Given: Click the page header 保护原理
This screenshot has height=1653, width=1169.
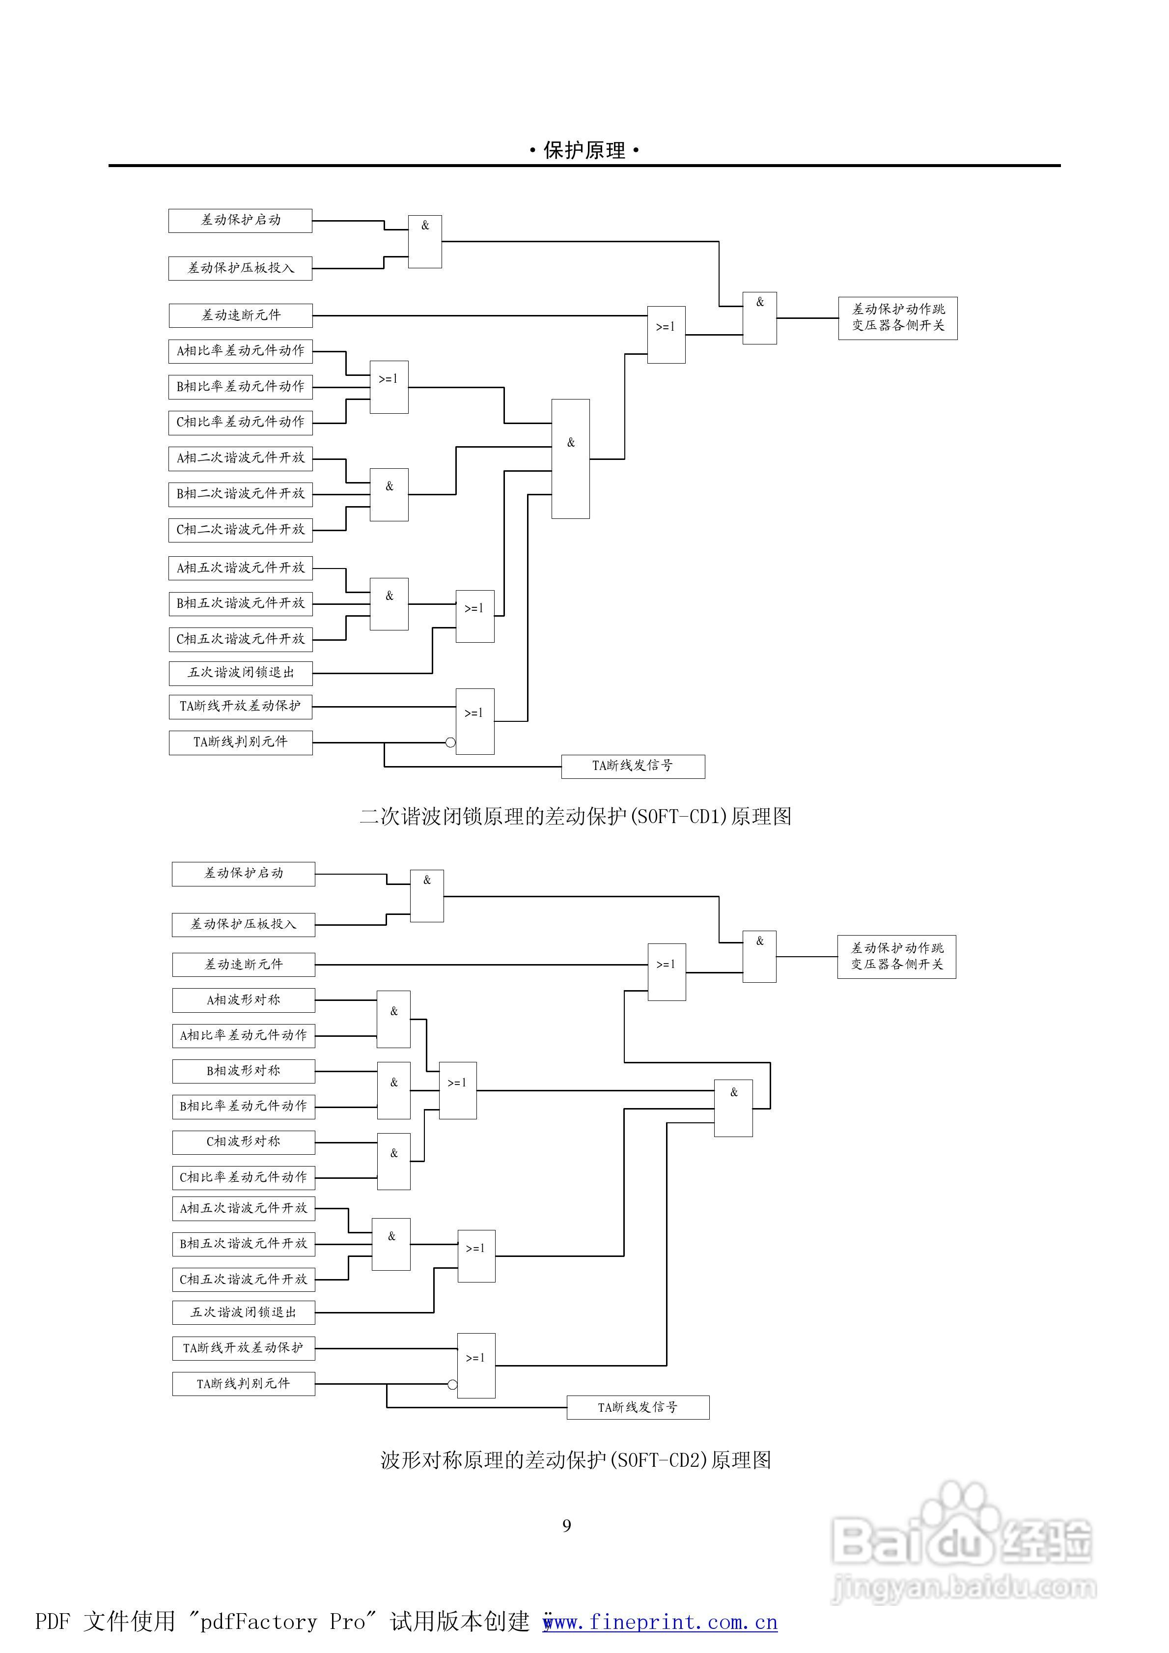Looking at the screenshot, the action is point(584,150).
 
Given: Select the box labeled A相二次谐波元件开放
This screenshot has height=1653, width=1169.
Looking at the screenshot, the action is point(240,458).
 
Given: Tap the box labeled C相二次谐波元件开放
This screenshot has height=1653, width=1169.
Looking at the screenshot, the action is point(240,530).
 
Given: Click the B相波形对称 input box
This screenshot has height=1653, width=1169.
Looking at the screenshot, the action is point(243,1071).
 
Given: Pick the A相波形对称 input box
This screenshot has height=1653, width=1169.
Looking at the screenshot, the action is point(243,1000).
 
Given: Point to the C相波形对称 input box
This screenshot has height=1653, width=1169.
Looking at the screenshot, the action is point(243,1142).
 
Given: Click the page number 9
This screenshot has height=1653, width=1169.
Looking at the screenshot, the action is point(566,1526).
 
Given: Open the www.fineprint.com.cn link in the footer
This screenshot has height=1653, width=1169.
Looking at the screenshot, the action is point(660,1622).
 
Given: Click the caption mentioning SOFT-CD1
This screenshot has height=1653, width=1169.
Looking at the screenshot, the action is point(575,816).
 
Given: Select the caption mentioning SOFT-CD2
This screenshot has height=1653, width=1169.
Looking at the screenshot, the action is point(575,1460).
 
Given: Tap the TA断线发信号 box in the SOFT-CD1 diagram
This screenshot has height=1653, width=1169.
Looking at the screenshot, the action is point(633,766).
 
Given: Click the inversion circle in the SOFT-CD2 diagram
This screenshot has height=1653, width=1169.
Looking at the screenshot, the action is point(452,1384).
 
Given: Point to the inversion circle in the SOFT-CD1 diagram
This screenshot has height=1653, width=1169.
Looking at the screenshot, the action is point(450,742).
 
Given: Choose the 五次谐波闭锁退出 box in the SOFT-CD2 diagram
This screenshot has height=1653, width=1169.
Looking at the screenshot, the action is point(243,1312).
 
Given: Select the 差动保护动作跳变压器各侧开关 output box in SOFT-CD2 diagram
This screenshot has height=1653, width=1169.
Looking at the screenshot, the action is point(896,957).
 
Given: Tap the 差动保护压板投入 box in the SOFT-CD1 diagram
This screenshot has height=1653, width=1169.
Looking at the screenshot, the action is point(240,268).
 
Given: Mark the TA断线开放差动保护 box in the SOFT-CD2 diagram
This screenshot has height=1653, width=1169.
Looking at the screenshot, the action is point(243,1348).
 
